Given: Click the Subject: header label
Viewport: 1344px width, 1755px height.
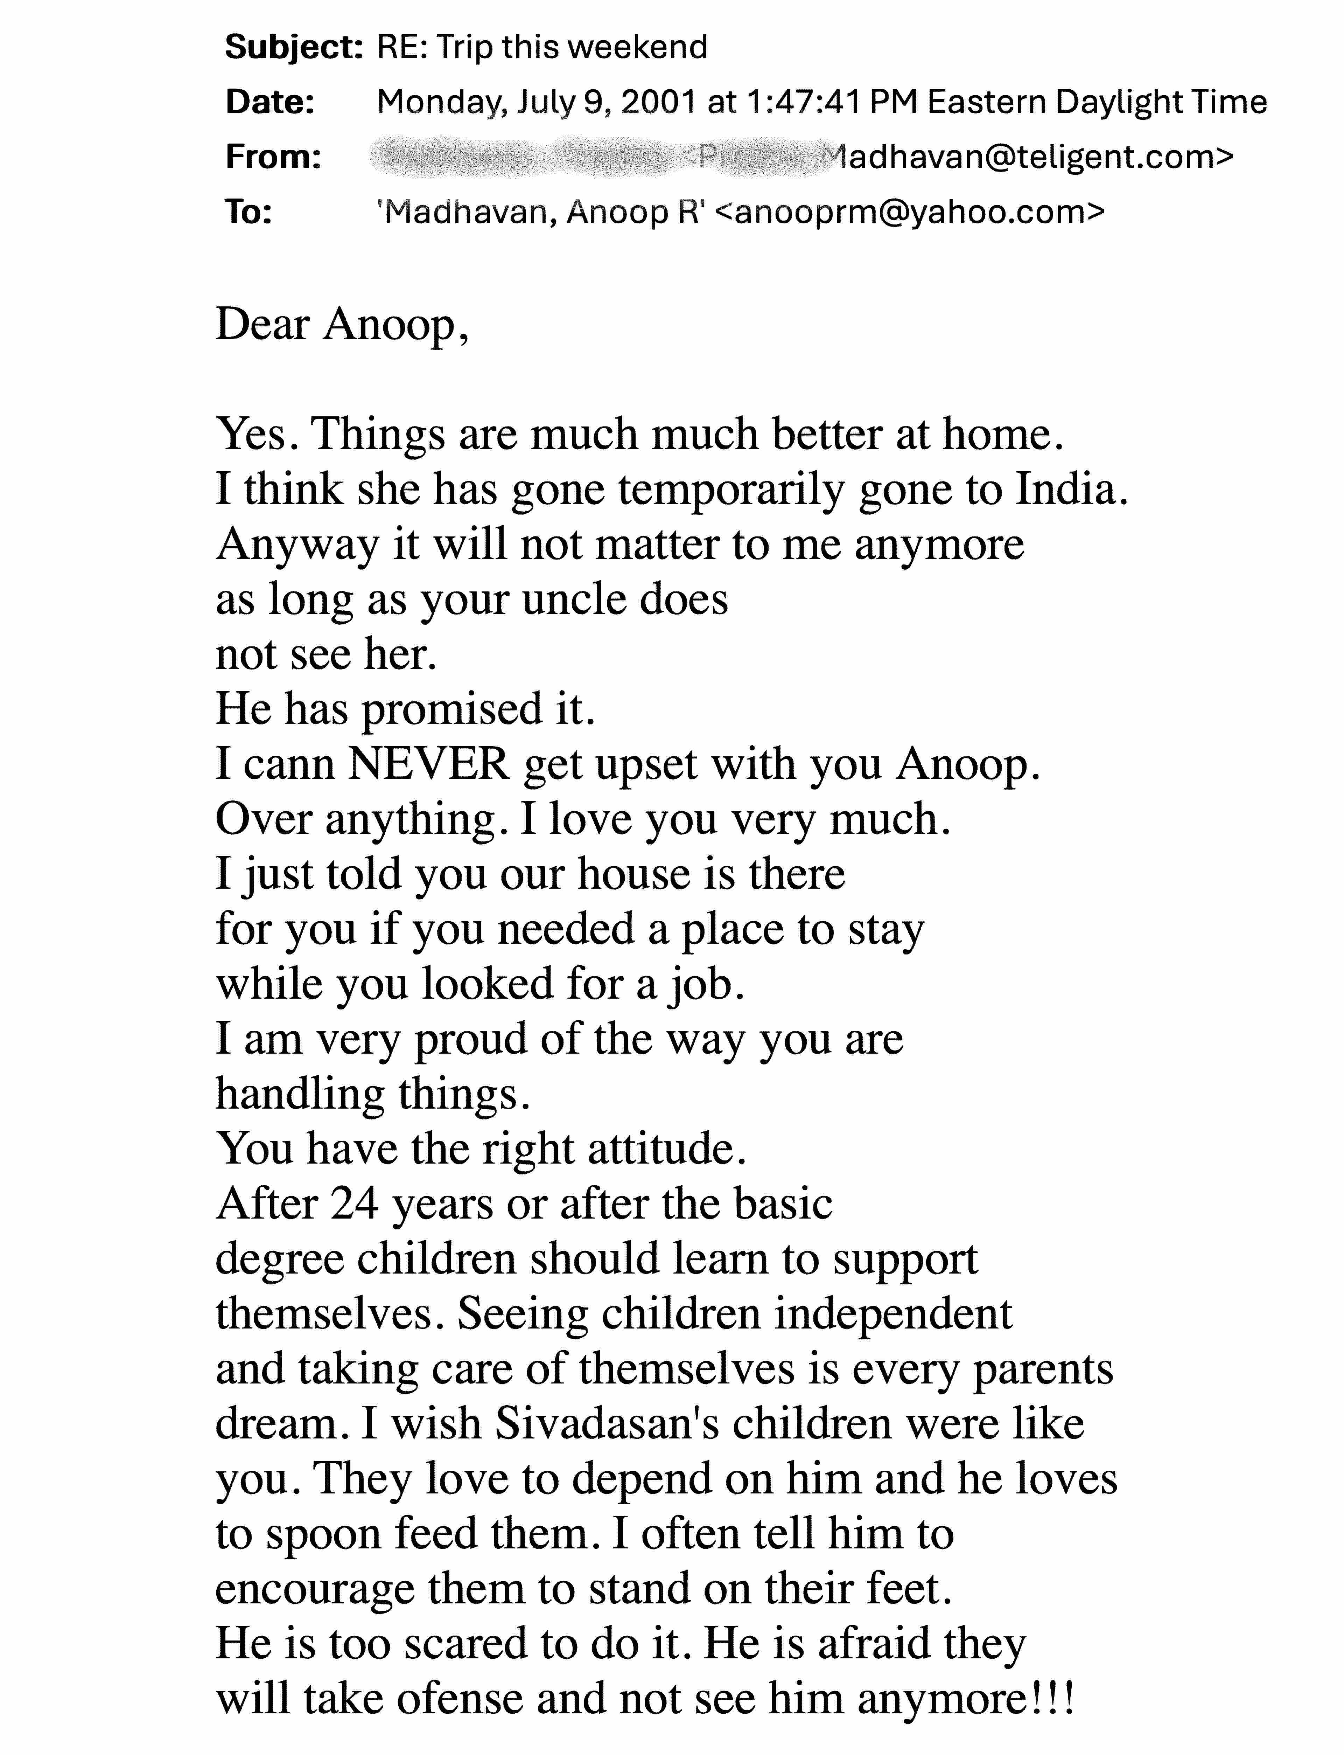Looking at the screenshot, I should pyautogui.click(x=294, y=48).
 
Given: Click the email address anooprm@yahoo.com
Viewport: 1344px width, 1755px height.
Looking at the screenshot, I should pyautogui.click(x=908, y=212).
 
